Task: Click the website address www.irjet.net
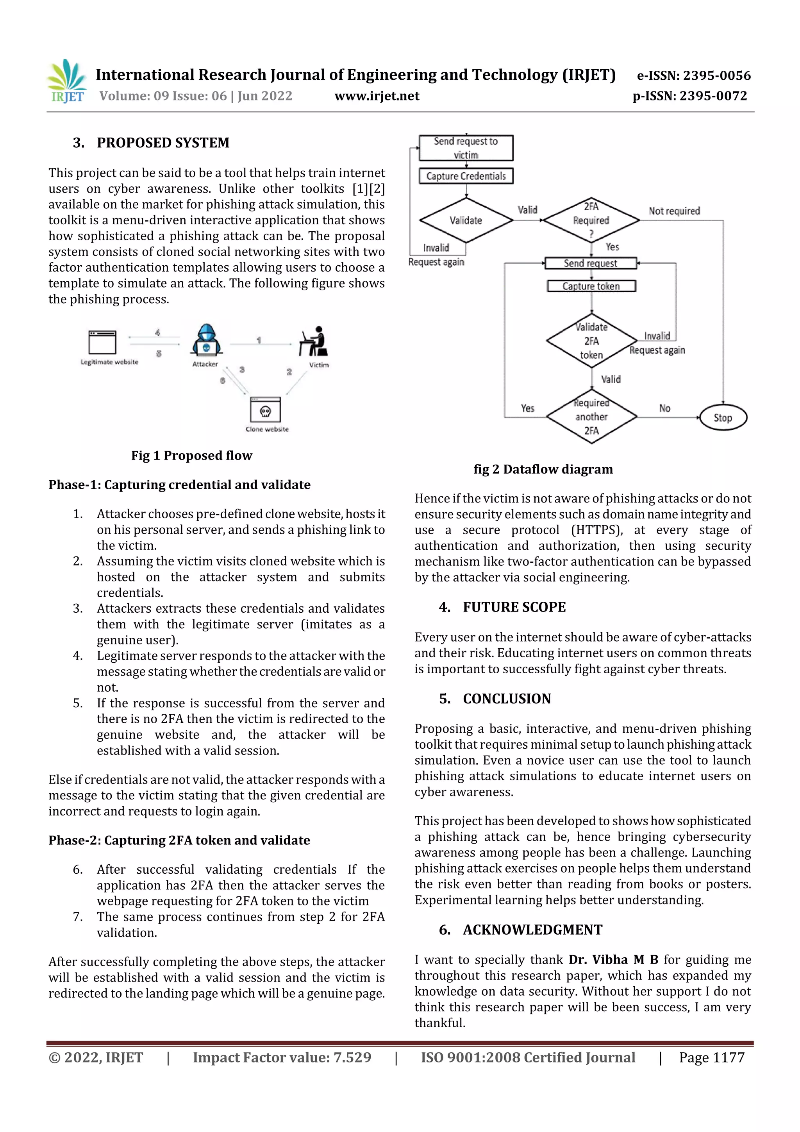[377, 96]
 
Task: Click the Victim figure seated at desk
[314, 341]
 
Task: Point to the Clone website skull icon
[265, 411]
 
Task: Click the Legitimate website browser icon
[102, 342]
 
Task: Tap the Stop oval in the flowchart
[723, 418]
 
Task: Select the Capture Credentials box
[466, 176]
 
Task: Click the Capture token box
[591, 286]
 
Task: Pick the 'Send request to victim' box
[466, 148]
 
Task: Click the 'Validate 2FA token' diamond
[591, 341]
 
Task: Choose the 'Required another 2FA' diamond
[591, 417]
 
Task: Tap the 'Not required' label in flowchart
[674, 211]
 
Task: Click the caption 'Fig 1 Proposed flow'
[191, 456]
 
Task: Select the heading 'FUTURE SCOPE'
[514, 607]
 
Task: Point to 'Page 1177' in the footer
[711, 1057]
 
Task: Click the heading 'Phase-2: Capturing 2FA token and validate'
[179, 840]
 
